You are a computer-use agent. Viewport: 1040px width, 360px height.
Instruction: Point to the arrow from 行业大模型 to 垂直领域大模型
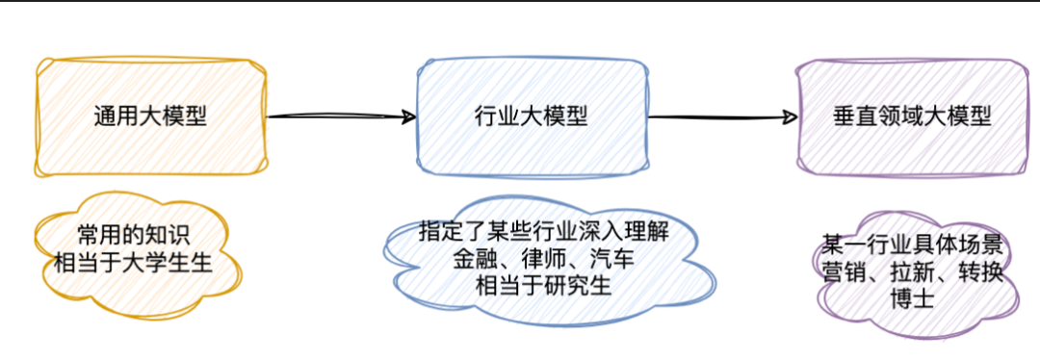(x=722, y=117)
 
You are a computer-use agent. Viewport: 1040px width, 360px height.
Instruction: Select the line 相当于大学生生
(x=132, y=262)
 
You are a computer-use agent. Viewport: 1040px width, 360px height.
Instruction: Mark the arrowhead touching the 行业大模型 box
(x=408, y=116)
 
